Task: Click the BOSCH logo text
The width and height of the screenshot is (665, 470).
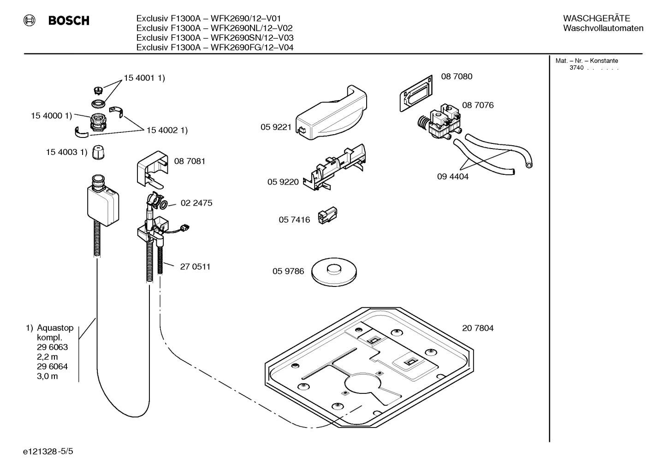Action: point(69,21)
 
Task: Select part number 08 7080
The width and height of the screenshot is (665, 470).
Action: point(457,77)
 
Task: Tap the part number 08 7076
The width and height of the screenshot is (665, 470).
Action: point(478,105)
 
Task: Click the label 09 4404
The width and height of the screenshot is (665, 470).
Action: point(452,177)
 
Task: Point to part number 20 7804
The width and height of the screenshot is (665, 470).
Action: point(478,328)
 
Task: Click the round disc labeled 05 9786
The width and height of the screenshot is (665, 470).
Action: point(334,270)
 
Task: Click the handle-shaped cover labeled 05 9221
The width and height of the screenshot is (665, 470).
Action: point(331,113)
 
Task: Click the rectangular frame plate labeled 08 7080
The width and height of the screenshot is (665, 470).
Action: point(415,94)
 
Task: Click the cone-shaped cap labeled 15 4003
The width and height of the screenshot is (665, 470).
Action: point(97,152)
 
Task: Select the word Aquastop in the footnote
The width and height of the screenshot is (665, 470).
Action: point(55,328)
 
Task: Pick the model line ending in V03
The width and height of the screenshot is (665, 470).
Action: point(215,38)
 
